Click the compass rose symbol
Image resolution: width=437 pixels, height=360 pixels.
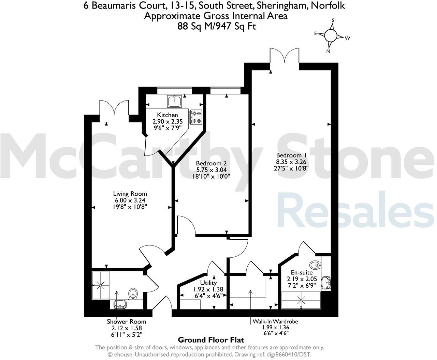[x=330, y=35]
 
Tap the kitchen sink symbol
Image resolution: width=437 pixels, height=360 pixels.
[x=175, y=101]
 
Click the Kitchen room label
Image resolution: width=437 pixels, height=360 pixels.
[x=167, y=115]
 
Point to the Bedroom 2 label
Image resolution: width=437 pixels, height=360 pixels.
[x=211, y=163]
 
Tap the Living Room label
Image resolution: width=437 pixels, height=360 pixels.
[x=126, y=194]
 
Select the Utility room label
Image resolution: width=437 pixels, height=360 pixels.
[x=208, y=283]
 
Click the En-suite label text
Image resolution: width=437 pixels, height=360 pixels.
[x=299, y=272]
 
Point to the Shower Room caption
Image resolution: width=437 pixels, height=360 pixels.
[x=126, y=321]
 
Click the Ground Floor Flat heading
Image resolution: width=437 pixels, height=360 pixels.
[x=211, y=340]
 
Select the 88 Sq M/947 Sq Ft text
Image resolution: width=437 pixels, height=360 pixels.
[x=216, y=26]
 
